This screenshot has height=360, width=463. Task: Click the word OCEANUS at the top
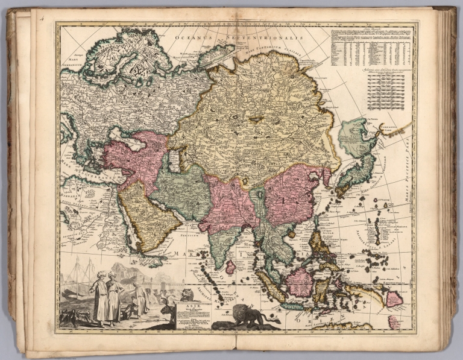pos(191,37)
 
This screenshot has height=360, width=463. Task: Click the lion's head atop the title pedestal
pos(187,295)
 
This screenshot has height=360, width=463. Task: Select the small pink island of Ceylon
pos(230,266)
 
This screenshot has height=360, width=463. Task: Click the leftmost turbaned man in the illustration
pos(99,295)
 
